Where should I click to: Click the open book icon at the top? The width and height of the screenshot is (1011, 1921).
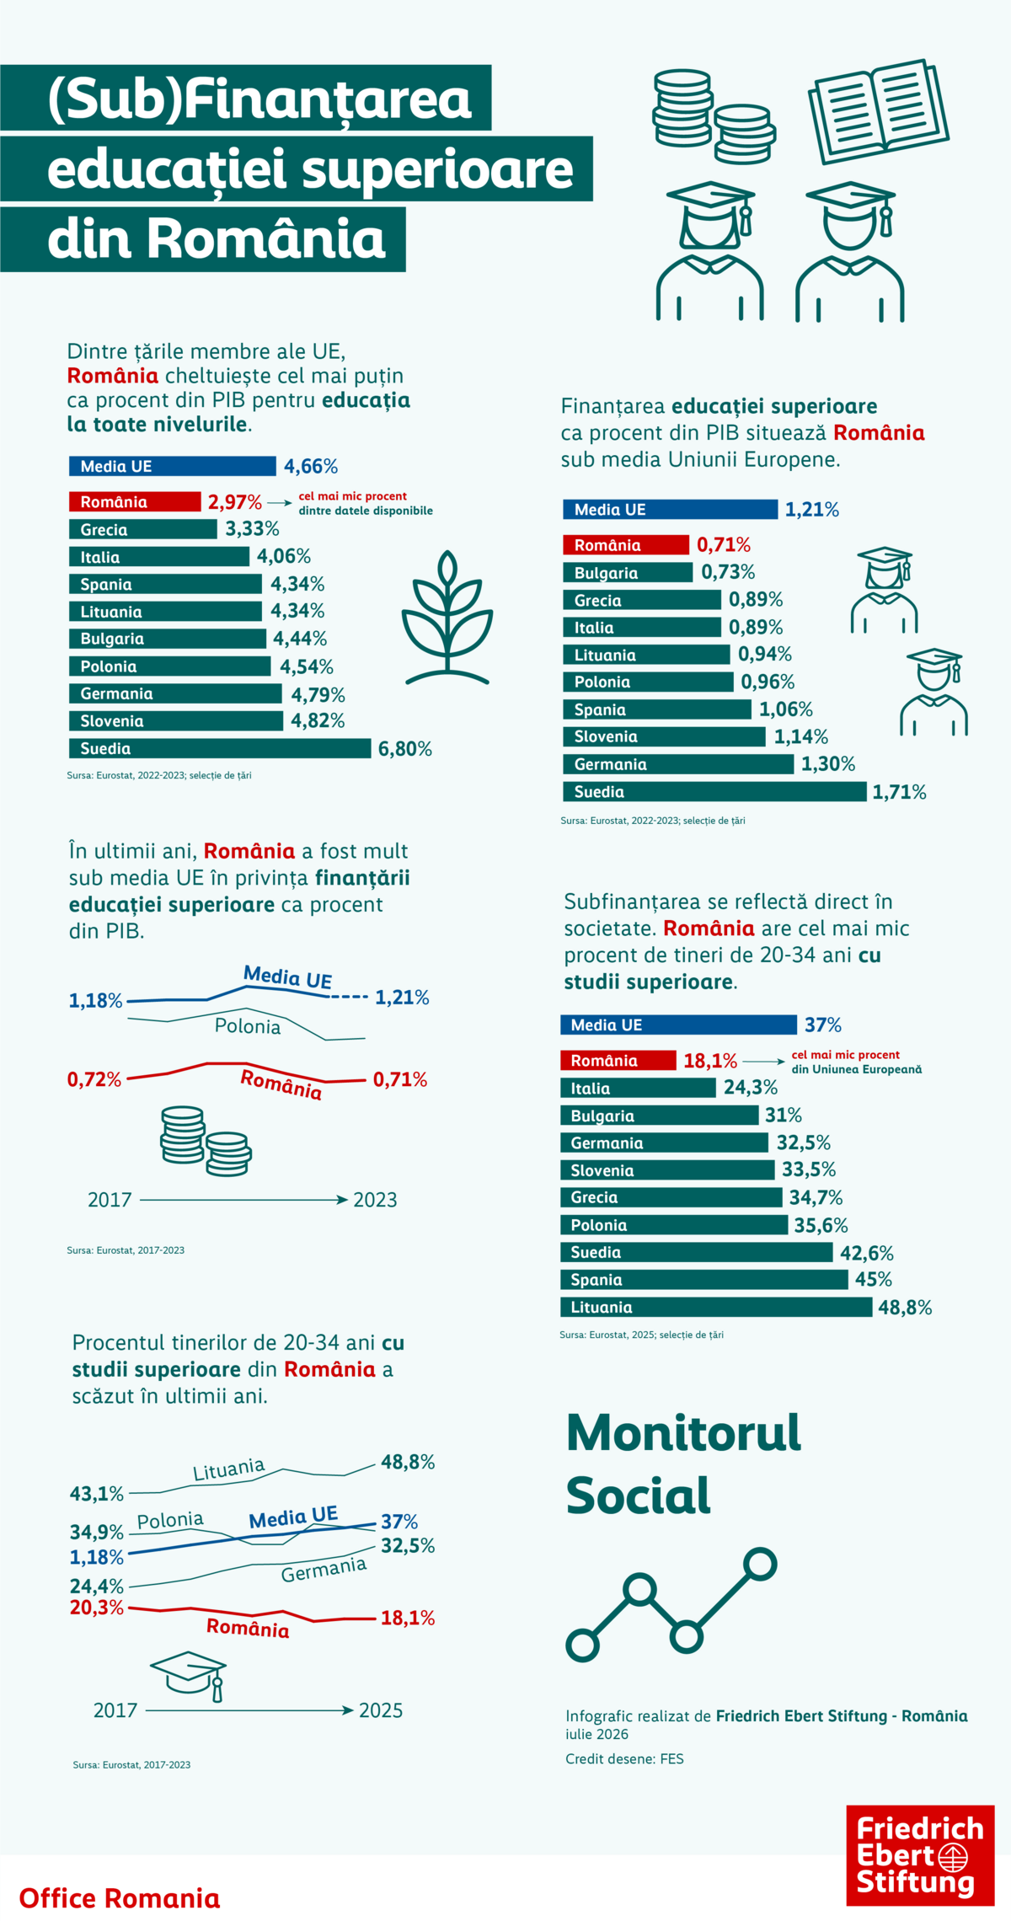point(878,111)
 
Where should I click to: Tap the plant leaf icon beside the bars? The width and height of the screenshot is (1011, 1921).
point(447,617)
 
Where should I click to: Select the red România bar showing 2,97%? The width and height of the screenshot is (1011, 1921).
point(135,502)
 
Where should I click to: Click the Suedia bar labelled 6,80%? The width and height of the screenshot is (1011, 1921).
point(220,748)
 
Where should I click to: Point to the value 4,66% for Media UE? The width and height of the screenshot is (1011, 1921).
point(311,466)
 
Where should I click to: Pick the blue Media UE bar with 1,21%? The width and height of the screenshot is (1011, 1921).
point(670,509)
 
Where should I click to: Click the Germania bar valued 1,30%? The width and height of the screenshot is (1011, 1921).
point(678,764)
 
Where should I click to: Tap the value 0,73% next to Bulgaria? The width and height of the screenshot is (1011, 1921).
point(728,572)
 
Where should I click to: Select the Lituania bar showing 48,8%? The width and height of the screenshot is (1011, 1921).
point(716,1307)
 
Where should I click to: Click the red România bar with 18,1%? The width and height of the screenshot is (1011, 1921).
point(618,1060)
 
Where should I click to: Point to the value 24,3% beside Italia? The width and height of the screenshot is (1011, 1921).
point(750,1088)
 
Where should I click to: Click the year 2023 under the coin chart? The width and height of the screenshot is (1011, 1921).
point(375,1200)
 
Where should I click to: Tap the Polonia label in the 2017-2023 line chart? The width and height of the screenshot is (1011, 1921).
point(248,1026)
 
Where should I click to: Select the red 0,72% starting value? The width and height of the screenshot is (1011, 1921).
point(94,1079)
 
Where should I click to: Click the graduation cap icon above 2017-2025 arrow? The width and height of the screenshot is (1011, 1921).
point(189,1676)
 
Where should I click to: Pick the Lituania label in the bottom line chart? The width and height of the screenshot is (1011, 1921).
point(229,1469)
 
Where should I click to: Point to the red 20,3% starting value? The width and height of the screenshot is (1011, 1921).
point(97,1608)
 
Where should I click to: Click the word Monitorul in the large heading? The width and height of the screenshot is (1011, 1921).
point(683,1432)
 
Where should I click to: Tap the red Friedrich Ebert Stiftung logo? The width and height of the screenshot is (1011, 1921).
point(920,1855)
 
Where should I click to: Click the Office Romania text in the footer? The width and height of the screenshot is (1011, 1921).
point(120,1898)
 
